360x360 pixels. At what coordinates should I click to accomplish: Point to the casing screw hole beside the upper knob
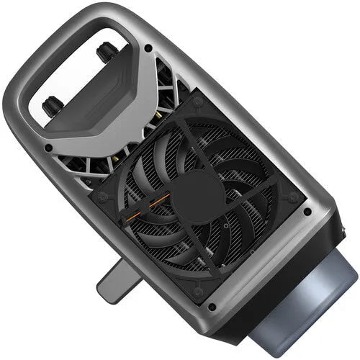tap(148, 50)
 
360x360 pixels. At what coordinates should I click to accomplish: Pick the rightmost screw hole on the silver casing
tap(307, 212)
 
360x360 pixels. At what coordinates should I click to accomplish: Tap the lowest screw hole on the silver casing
tap(211, 307)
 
